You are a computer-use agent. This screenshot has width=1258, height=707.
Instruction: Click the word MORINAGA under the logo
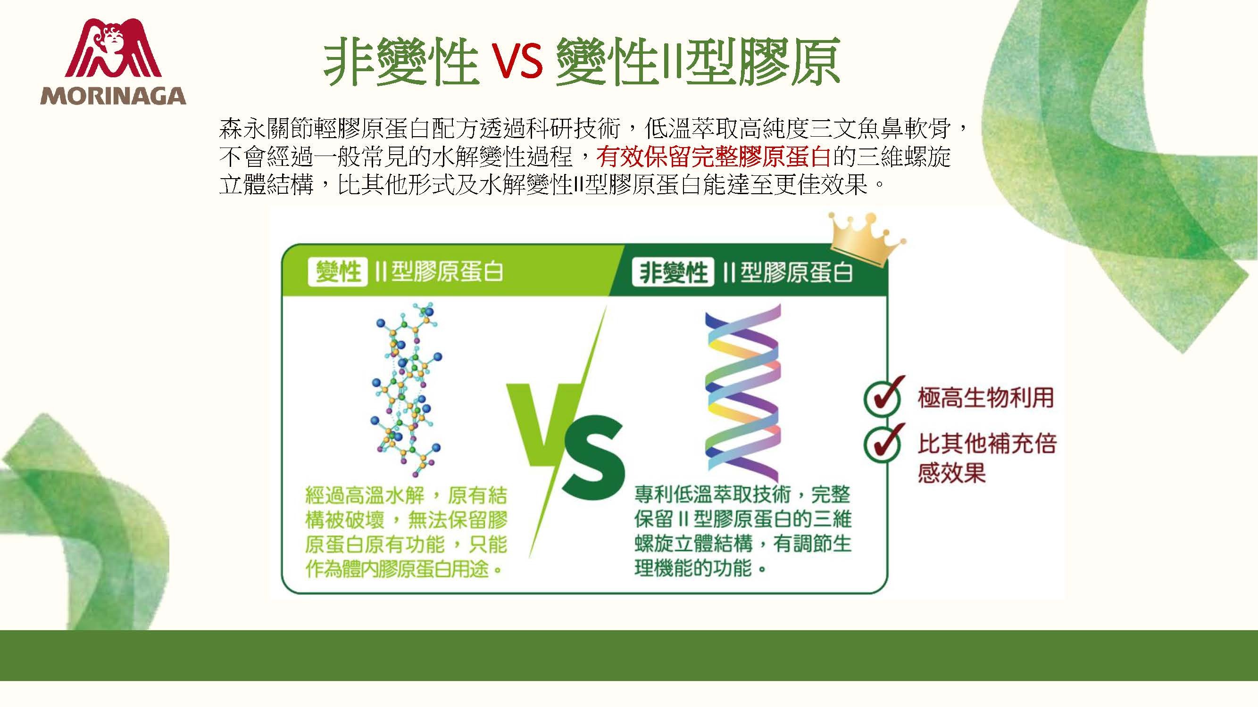[x=113, y=96]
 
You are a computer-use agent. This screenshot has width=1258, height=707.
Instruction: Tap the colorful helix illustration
[x=742, y=393]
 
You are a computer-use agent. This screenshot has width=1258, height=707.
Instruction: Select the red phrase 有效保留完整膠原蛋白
[x=714, y=157]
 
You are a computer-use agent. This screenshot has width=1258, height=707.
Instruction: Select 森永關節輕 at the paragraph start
[x=278, y=129]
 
